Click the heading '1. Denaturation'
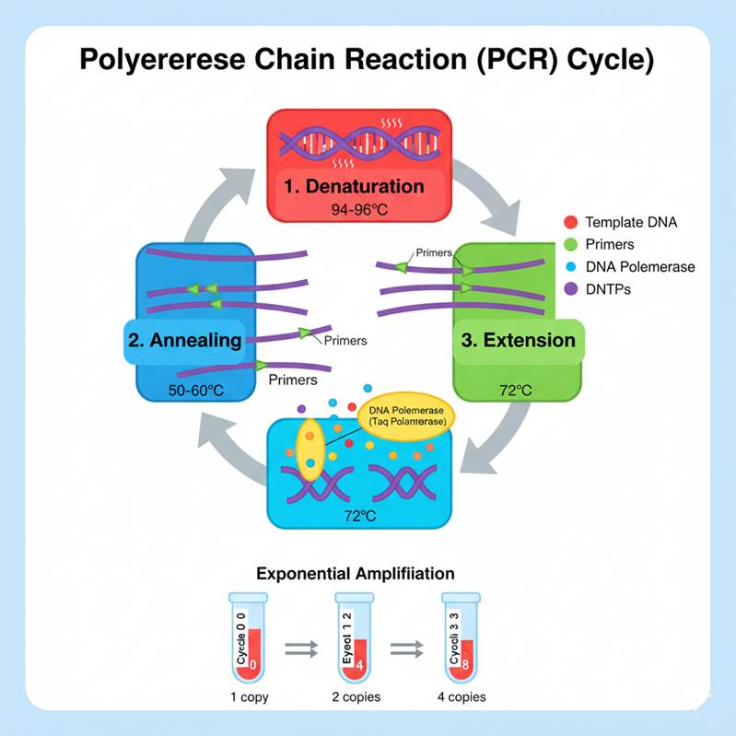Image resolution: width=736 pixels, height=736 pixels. click(x=354, y=186)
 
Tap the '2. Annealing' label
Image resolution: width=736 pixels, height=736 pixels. click(x=184, y=340)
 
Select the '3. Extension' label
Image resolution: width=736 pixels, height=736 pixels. click(x=518, y=340)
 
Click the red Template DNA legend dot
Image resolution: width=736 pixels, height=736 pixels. click(x=568, y=222)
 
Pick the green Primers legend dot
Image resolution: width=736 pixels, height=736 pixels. click(x=568, y=245)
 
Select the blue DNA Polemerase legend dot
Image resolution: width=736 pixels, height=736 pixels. click(x=568, y=267)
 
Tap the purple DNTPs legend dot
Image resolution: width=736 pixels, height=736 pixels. click(x=568, y=289)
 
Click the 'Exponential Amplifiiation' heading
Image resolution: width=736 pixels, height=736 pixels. click(x=355, y=573)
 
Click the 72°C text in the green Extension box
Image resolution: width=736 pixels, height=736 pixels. click(x=516, y=391)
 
